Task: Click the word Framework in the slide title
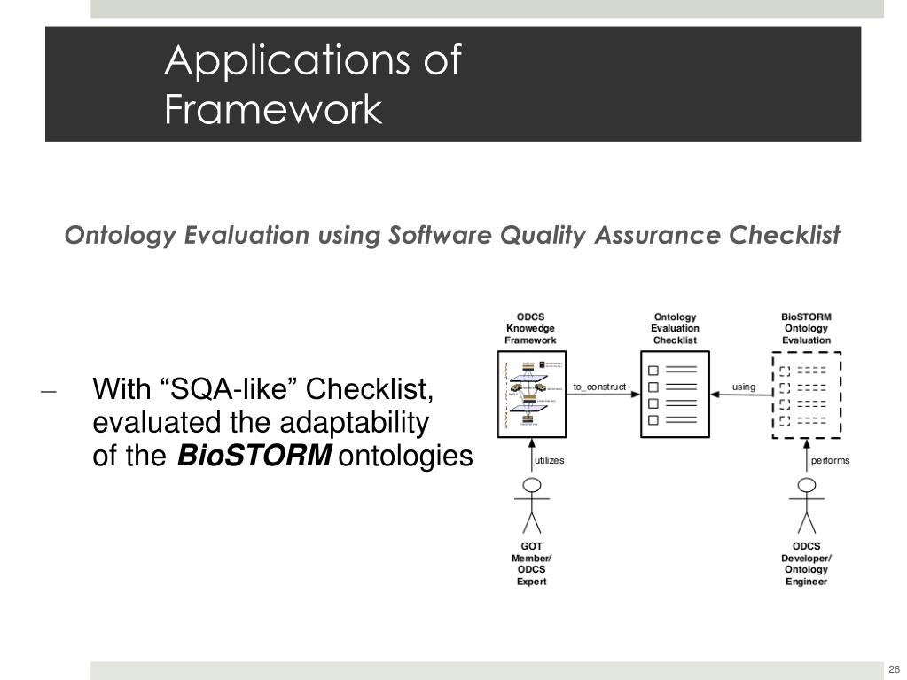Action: pyautogui.click(x=273, y=112)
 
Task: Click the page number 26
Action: pyautogui.click(x=894, y=668)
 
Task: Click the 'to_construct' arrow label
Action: pyautogui.click(x=599, y=387)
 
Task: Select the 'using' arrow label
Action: pyautogui.click(x=744, y=387)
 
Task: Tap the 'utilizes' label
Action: pyautogui.click(x=549, y=460)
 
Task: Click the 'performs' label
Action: pyautogui.click(x=830, y=460)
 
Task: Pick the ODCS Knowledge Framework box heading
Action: pyautogui.click(x=531, y=328)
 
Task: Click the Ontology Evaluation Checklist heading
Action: pyautogui.click(x=675, y=328)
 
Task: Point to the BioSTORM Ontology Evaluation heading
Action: pyautogui.click(x=806, y=328)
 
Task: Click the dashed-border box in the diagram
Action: pyautogui.click(x=806, y=395)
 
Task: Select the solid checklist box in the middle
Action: pyautogui.click(x=675, y=395)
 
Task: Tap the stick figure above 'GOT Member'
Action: pyautogui.click(x=531, y=505)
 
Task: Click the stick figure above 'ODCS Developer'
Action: pyautogui.click(x=806, y=505)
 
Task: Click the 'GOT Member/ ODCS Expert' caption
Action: pyautogui.click(x=531, y=564)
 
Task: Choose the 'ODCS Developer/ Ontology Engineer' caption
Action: pyautogui.click(x=806, y=564)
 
